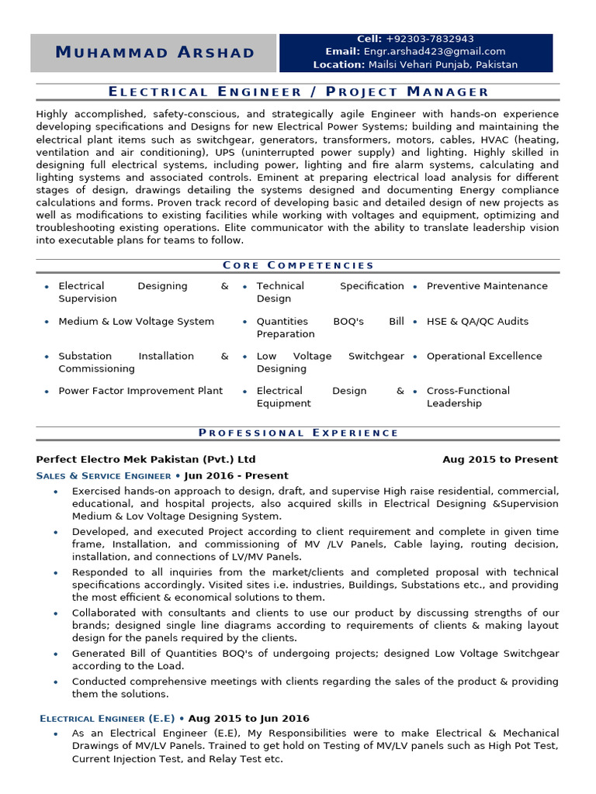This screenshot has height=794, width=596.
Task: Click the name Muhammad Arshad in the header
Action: point(155,53)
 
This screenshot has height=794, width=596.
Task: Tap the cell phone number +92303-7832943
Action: point(429,39)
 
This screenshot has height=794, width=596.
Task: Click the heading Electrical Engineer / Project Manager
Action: point(298,91)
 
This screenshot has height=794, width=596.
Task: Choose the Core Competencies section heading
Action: point(298,265)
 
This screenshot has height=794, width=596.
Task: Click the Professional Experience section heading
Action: point(298,433)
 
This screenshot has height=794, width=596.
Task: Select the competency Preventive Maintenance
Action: point(487,286)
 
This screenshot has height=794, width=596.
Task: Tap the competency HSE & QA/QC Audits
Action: point(477,321)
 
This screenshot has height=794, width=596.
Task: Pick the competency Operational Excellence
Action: point(484,356)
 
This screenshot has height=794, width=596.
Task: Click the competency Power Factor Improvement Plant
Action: point(140,391)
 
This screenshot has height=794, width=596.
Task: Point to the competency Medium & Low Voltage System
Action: point(136,321)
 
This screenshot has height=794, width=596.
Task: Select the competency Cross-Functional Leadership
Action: point(468,397)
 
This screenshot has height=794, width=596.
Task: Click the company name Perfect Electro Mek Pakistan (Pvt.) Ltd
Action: point(146,459)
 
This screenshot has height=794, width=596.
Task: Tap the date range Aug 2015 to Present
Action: point(500,459)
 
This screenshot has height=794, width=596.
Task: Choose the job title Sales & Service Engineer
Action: point(104,475)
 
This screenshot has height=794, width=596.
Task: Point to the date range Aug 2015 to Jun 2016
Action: point(248,718)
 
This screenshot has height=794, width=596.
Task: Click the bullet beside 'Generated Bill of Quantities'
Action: point(55,654)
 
